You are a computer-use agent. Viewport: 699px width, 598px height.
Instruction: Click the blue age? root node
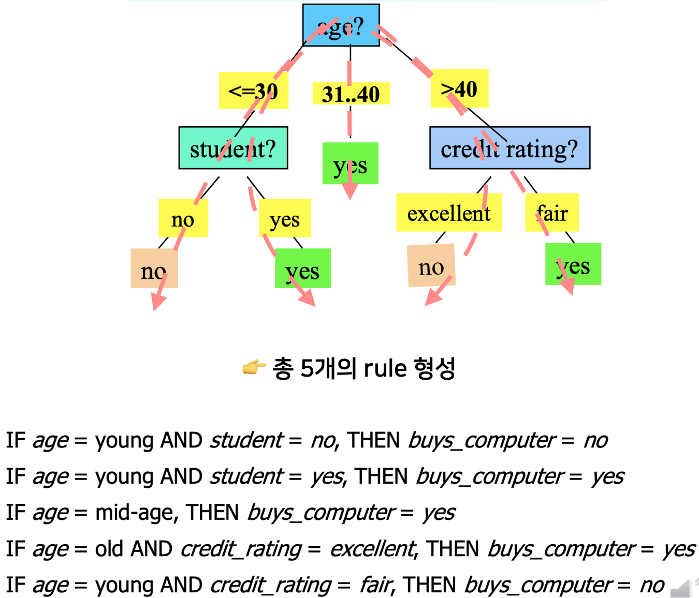341,25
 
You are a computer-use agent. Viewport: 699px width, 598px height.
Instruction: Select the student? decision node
233,148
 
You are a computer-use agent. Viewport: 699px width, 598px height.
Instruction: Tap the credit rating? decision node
509,148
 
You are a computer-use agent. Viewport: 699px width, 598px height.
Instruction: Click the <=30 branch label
253,91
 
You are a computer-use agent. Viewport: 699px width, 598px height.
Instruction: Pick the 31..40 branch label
351,94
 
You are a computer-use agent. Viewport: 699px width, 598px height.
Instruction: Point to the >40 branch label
459,88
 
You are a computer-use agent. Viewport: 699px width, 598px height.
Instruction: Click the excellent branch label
448,213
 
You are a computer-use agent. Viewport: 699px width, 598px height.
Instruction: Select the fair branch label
552,213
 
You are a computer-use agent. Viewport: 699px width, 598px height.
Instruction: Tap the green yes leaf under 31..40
350,163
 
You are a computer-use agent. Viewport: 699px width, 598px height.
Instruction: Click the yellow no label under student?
183,218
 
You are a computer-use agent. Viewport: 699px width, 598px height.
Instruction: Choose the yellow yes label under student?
285,218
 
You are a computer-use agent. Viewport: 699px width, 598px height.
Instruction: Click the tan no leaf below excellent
431,266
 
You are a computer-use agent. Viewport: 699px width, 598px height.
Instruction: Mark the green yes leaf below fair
573,264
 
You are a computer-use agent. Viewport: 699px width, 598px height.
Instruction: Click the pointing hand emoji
254,367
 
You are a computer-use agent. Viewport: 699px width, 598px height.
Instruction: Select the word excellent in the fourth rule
373,549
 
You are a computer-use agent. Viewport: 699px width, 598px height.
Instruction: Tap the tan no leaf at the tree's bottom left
154,268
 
